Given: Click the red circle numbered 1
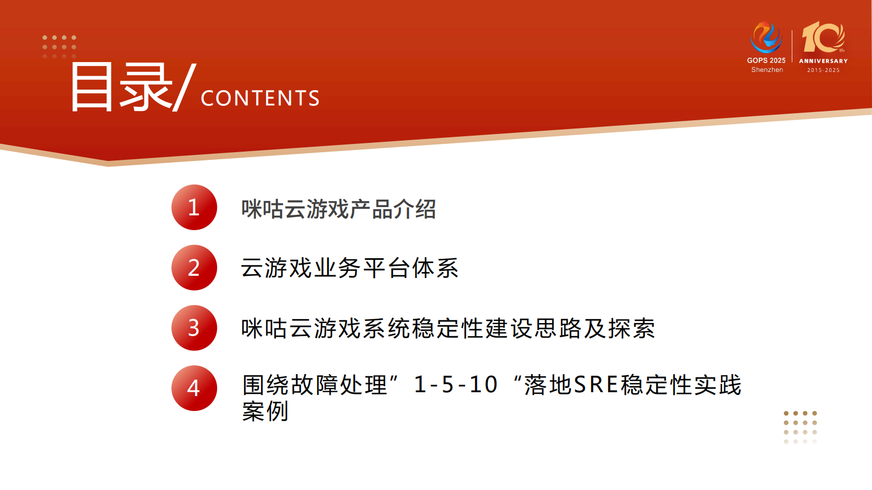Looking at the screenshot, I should [x=194, y=207].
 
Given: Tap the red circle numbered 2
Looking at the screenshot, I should [x=194, y=268].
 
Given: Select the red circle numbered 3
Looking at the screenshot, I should [x=194, y=328].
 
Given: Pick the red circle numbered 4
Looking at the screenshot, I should [x=194, y=388].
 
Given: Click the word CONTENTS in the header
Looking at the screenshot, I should [x=260, y=98].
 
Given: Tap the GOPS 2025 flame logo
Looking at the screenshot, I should [x=766, y=37].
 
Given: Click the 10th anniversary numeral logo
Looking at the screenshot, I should [x=823, y=37].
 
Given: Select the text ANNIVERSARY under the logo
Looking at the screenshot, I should [x=823, y=61].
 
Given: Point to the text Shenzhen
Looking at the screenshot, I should [x=767, y=70].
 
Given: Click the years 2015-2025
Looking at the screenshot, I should [x=823, y=70].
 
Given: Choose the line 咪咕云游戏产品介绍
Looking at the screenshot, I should [x=338, y=209].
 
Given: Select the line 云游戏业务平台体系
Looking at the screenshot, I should [x=349, y=268].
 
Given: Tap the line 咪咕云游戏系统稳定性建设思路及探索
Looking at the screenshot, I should [x=448, y=328].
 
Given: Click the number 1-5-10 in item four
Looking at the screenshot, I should [x=456, y=385].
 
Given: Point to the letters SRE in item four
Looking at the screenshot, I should [x=596, y=385].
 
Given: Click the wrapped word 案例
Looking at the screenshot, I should [x=265, y=411].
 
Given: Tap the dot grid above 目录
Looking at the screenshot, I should [x=59, y=47].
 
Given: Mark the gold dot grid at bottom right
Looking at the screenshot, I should [x=800, y=427].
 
